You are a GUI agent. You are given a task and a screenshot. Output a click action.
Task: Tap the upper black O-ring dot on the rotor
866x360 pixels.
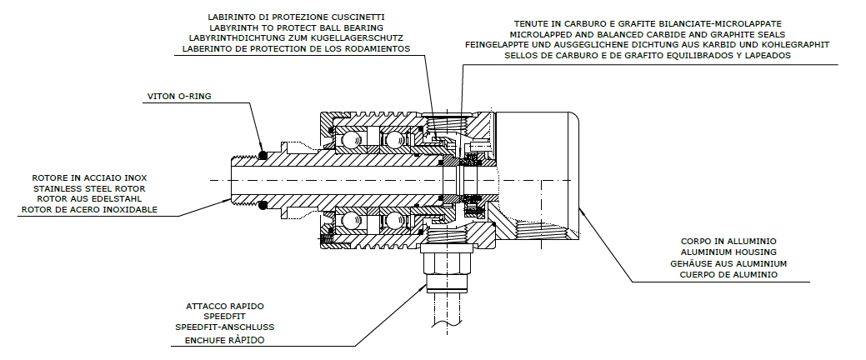point(263,154)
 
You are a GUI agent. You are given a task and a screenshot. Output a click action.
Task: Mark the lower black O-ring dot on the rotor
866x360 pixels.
point(263,206)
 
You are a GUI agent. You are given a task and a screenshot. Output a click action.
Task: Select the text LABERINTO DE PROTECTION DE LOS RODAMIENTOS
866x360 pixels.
point(296,48)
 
